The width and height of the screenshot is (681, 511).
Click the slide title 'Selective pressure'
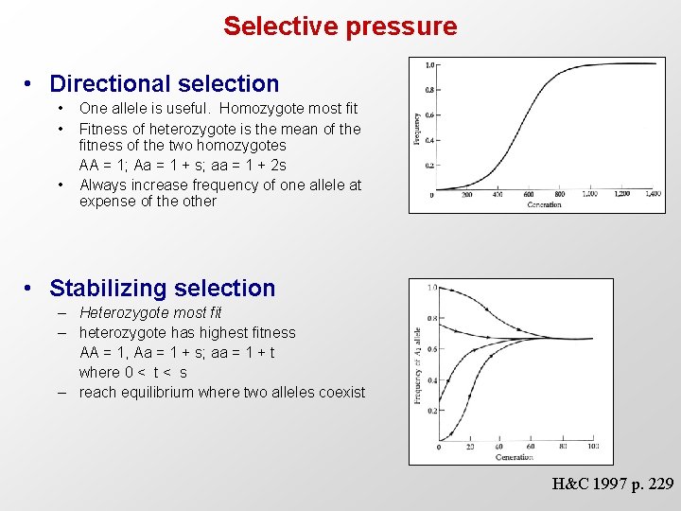tap(340, 26)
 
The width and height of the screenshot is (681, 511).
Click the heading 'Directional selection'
tap(164, 84)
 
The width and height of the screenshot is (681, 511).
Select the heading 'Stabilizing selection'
tap(162, 288)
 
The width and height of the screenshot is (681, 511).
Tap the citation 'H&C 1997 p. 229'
tap(613, 484)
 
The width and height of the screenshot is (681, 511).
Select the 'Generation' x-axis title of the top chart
tap(543, 204)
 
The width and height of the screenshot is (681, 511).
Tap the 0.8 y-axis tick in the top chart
tap(428, 91)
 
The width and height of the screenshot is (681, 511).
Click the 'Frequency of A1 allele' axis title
tap(417, 364)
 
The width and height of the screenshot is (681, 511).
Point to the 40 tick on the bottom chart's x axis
tap(500, 447)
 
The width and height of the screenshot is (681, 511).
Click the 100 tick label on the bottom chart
tap(593, 447)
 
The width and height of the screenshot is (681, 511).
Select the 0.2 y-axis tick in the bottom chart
tap(431, 411)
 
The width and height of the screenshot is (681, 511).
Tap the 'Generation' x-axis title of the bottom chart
tap(514, 457)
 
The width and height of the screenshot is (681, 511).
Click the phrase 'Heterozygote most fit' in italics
tap(150, 312)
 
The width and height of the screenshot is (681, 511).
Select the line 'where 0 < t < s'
tap(133, 372)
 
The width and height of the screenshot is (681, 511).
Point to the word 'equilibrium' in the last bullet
tap(163, 392)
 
